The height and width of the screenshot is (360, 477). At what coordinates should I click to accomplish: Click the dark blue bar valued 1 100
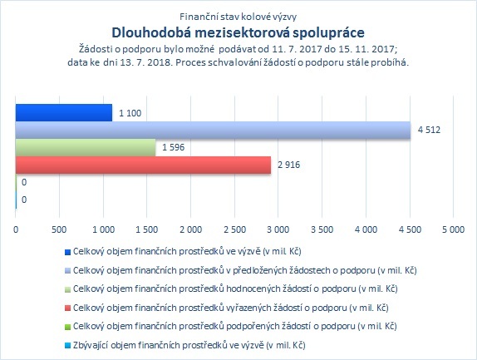[64, 113]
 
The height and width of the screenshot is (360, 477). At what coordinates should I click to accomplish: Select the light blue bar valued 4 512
[214, 131]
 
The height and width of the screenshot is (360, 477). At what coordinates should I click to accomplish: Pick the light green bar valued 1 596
[86, 148]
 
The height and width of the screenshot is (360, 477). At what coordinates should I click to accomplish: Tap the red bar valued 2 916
[143, 165]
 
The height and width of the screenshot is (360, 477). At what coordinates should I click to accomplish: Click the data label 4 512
[429, 130]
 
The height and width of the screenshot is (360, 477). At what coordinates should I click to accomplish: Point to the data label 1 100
[130, 113]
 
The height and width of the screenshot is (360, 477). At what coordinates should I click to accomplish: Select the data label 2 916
[288, 165]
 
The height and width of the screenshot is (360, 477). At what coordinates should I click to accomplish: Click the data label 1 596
[173, 147]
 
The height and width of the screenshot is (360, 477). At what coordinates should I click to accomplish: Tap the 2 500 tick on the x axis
[234, 229]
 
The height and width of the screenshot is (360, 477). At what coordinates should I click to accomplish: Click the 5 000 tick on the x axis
[453, 229]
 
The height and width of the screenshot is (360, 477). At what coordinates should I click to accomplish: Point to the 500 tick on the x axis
[59, 229]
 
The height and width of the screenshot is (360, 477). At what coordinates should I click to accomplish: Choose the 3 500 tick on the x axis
[322, 229]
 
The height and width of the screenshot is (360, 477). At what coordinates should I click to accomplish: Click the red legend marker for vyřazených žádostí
[67, 308]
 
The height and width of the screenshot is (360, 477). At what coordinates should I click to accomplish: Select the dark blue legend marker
[67, 252]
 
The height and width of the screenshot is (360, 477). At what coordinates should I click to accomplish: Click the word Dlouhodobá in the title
[151, 32]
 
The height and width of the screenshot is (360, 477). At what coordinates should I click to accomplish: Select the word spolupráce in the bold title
[328, 33]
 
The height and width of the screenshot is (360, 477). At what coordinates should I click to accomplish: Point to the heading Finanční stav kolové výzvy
[238, 17]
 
